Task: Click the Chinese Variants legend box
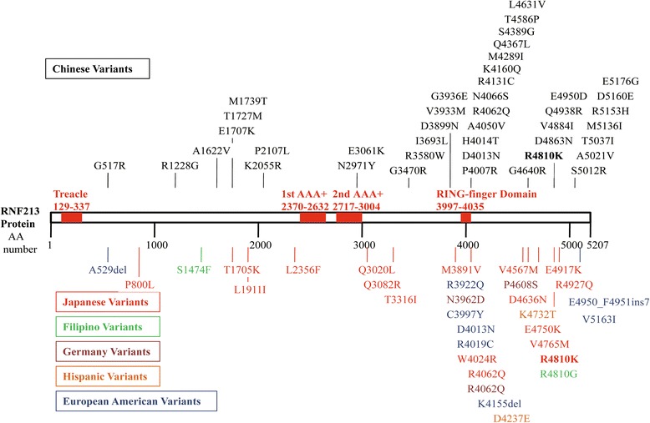pos(97,67)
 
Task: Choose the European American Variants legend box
pos(134,401)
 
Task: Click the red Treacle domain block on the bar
pos(72,217)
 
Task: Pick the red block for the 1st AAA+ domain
pos(312,217)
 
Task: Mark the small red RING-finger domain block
pos(466,217)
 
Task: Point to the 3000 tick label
pos(363,245)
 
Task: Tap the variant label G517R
pos(109,165)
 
